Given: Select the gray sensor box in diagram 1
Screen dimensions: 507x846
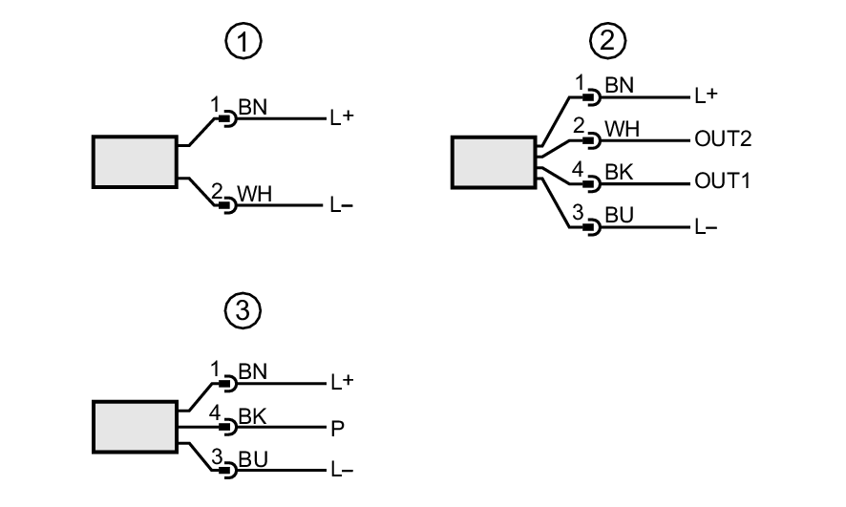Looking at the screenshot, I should click(135, 160).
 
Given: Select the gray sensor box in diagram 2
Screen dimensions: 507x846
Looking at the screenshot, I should click(492, 161).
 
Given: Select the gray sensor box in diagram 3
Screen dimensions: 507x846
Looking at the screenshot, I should click(135, 427).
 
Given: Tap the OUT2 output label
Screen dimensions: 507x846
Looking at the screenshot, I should click(723, 139).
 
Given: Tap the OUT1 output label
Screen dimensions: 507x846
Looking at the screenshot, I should click(723, 181).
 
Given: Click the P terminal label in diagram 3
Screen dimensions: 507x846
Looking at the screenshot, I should click(336, 427).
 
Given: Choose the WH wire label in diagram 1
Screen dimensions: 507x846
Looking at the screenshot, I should click(254, 194).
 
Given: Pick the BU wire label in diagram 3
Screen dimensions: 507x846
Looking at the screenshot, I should click(253, 459).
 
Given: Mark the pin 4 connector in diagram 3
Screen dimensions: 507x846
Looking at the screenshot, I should click(228, 427).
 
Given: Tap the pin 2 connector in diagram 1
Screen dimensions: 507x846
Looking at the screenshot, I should click(228, 203).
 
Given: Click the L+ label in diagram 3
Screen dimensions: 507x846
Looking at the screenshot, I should click(341, 382).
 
